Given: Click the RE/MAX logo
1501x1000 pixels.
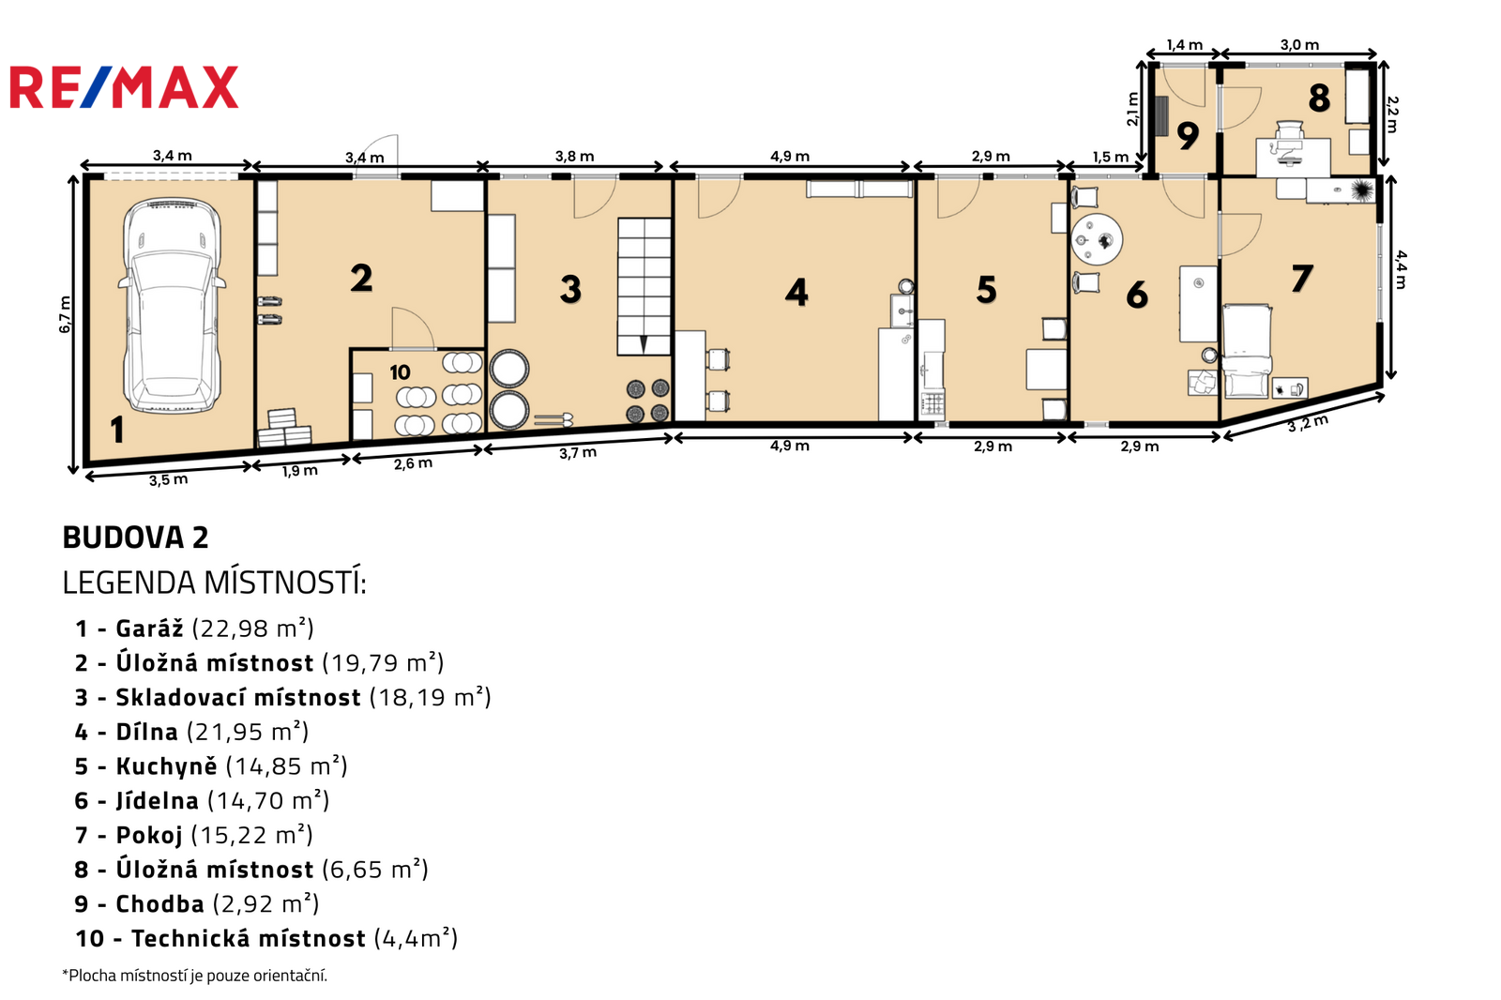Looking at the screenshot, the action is [x=124, y=87].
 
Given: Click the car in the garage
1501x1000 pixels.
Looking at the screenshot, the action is [x=171, y=304].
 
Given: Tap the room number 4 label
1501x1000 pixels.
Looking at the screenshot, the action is [x=796, y=293].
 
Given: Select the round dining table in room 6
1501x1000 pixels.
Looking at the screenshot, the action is [x=1097, y=239].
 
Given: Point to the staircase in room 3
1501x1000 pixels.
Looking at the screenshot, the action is [x=644, y=286].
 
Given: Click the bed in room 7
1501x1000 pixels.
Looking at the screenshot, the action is [x=1247, y=351].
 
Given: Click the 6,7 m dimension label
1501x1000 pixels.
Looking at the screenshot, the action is [x=65, y=314].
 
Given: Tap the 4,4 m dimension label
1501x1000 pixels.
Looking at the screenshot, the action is [x=1401, y=269].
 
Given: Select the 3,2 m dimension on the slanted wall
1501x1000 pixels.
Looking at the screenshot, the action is [x=1308, y=424].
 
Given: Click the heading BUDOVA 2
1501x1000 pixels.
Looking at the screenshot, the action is [x=135, y=538].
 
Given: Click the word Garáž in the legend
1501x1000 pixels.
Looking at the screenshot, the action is [x=149, y=628].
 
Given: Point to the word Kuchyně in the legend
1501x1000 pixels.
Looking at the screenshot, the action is [x=166, y=765].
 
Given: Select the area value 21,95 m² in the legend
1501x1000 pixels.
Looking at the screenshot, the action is [x=248, y=732].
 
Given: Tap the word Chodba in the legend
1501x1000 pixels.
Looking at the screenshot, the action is [x=160, y=903].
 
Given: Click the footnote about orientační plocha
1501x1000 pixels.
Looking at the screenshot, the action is [x=194, y=976].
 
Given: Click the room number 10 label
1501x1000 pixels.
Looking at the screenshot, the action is [x=400, y=372].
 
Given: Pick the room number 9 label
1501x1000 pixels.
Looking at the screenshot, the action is [x=1188, y=136].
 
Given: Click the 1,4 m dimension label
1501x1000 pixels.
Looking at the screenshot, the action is [x=1184, y=45].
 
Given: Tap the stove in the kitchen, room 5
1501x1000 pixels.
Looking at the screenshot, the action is [x=932, y=405].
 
